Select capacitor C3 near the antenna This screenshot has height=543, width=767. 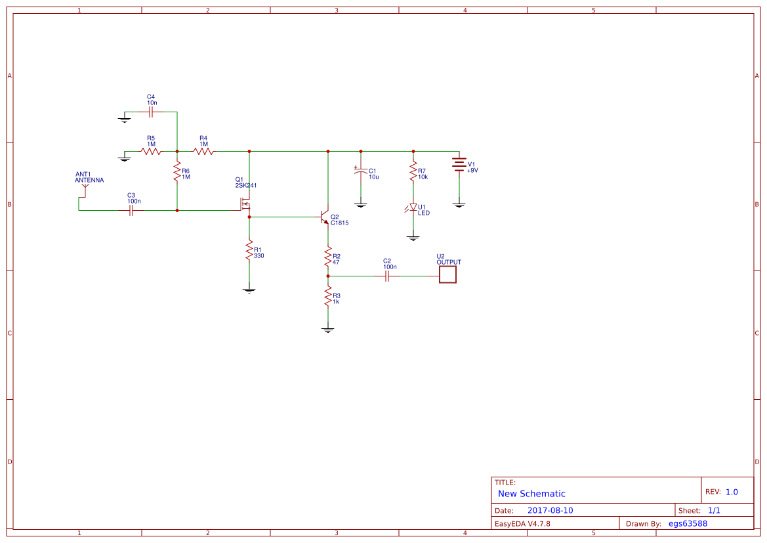pyautogui.click(x=131, y=211)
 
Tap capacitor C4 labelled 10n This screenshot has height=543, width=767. pyautogui.click(x=151, y=112)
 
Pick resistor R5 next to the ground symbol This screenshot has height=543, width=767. pyautogui.click(x=151, y=151)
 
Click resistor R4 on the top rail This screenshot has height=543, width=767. pyautogui.click(x=203, y=151)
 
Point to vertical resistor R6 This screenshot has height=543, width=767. pyautogui.click(x=177, y=173)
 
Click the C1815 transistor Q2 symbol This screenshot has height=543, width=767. pyautogui.click(x=324, y=217)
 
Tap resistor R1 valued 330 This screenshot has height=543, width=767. pyautogui.click(x=249, y=250)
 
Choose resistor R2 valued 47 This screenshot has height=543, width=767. pyautogui.click(x=328, y=257)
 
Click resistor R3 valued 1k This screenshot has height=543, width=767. pyautogui.click(x=328, y=299)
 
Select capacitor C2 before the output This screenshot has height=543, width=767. pyautogui.click(x=387, y=276)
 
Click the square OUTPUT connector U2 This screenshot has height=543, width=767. pyautogui.click(x=447, y=274)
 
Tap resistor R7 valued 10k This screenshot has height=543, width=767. pyautogui.click(x=413, y=173)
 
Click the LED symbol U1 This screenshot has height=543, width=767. pyautogui.click(x=413, y=208)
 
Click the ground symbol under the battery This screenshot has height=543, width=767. pyautogui.click(x=459, y=205)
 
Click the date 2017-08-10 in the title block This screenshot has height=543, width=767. pyautogui.click(x=550, y=510)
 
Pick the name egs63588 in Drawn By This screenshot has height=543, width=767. pyautogui.click(x=688, y=523)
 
